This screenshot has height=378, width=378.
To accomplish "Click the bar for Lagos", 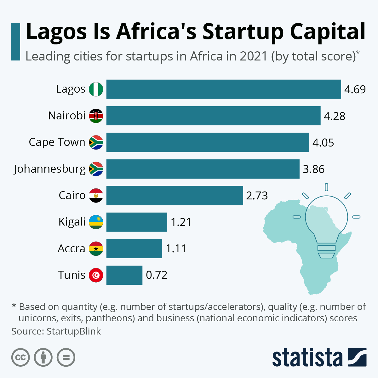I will (224, 89).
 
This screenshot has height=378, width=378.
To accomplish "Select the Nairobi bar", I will (213, 116).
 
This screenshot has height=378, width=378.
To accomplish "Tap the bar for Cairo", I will (175, 195).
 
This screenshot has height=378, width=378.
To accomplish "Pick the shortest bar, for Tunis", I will (124, 275).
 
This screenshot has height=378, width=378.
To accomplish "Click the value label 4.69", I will (355, 89).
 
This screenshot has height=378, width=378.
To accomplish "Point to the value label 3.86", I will (313, 169).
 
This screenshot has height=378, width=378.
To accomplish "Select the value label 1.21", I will (181, 222).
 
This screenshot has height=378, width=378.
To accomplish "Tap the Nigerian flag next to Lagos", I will (96, 89).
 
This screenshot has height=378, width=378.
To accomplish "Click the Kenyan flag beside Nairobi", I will (96, 116).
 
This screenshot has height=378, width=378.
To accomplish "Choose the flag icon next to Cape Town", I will (96, 142).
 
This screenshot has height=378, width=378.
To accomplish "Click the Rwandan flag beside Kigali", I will (96, 222).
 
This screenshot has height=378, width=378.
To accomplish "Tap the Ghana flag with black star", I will (96, 249).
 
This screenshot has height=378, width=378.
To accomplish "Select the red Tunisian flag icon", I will (96, 275).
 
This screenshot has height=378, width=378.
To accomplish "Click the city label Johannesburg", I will (50, 169).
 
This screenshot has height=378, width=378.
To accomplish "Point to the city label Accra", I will (72, 249).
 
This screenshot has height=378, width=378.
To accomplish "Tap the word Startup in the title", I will (243, 32).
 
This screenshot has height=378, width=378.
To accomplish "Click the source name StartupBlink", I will (74, 331).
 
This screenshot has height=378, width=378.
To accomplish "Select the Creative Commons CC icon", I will (20, 358).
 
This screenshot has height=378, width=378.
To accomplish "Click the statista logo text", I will (307, 358).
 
